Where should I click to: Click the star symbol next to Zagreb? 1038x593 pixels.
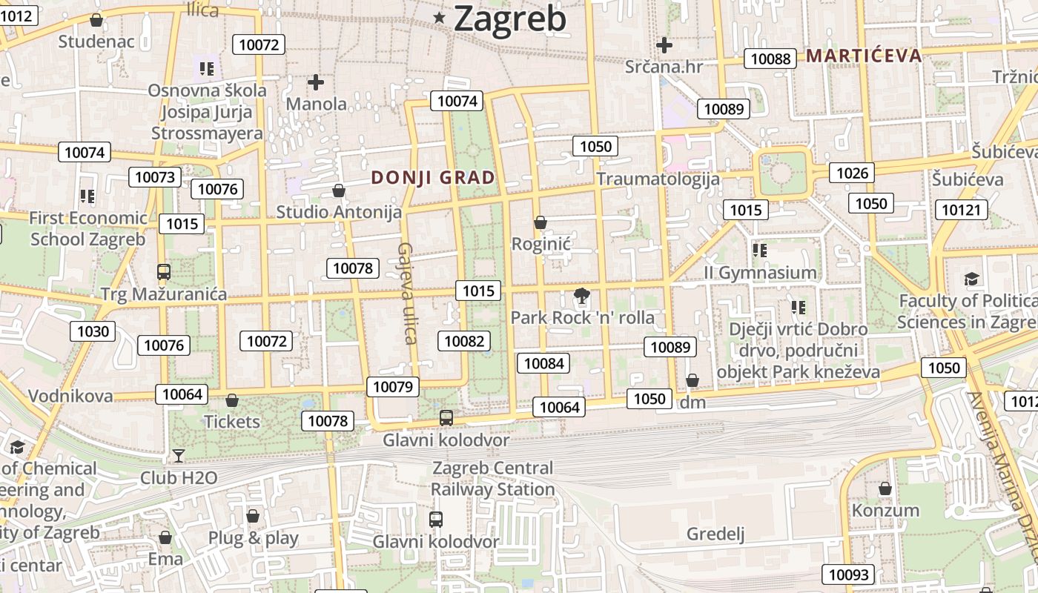tap(440, 18)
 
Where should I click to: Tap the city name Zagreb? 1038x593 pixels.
tap(510, 19)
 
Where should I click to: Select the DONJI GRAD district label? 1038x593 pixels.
tap(433, 178)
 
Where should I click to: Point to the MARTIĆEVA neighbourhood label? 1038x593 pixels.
tap(864, 56)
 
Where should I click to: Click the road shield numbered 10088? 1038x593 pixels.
tap(770, 59)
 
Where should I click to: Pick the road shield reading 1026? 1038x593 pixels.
tap(852, 173)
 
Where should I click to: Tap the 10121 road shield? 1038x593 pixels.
tap(961, 210)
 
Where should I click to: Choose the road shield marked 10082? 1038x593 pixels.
tap(465, 341)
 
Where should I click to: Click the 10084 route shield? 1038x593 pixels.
tap(543, 363)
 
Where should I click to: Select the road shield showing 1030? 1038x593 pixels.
tap(93, 331)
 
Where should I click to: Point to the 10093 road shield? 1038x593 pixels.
tap(848, 574)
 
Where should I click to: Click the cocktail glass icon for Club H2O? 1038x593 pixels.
tap(178, 455)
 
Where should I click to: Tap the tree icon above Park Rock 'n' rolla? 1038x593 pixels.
tap(582, 296)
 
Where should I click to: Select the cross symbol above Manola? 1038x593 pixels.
tap(316, 82)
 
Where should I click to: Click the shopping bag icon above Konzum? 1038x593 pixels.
tap(885, 489)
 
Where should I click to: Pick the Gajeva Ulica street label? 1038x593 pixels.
tap(407, 293)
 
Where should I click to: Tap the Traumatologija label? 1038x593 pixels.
tap(658, 179)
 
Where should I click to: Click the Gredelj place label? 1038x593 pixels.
tap(715, 534)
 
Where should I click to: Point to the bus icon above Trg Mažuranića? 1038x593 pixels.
tap(164, 272)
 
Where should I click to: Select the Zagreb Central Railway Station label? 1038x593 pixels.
tap(492, 479)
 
